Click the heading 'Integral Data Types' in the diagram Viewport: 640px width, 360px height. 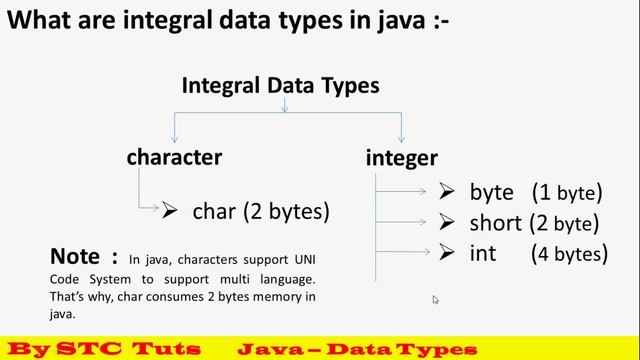280,86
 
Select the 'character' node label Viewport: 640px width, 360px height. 174,157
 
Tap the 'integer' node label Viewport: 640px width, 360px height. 402,158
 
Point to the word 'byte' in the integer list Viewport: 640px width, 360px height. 491,192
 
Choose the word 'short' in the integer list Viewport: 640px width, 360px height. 495,222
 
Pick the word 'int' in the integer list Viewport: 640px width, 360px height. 483,253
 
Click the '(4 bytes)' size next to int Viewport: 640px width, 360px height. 569,253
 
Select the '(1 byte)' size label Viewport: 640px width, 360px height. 566,192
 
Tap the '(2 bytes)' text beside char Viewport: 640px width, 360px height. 285,211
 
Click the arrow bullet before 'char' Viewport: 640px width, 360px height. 170,210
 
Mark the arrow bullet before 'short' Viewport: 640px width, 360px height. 446,221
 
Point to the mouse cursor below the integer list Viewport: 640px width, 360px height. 435,299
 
